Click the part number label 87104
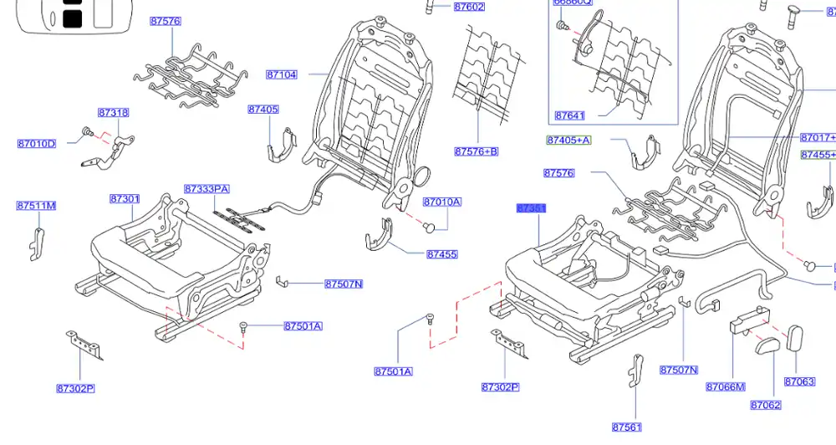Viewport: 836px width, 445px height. tap(282, 74)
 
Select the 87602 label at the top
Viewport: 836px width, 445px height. tap(469, 7)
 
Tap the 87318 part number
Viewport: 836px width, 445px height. tap(113, 113)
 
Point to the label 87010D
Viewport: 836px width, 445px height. tap(36, 144)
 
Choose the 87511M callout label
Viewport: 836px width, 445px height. tap(36, 206)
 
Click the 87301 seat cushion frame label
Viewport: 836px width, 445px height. tap(124, 199)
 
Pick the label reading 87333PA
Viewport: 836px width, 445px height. tap(206, 189)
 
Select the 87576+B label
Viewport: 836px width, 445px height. tap(476, 151)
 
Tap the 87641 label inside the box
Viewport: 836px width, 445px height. tap(569, 115)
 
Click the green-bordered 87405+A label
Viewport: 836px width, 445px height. tap(568, 141)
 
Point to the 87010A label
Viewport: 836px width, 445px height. tap(441, 202)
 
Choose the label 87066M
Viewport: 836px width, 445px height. tap(725, 386)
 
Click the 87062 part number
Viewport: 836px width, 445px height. tap(765, 405)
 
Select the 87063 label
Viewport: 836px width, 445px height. tap(799, 381)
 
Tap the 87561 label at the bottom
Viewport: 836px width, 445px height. tap(626, 427)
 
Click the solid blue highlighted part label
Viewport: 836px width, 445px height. tap(532, 207)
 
